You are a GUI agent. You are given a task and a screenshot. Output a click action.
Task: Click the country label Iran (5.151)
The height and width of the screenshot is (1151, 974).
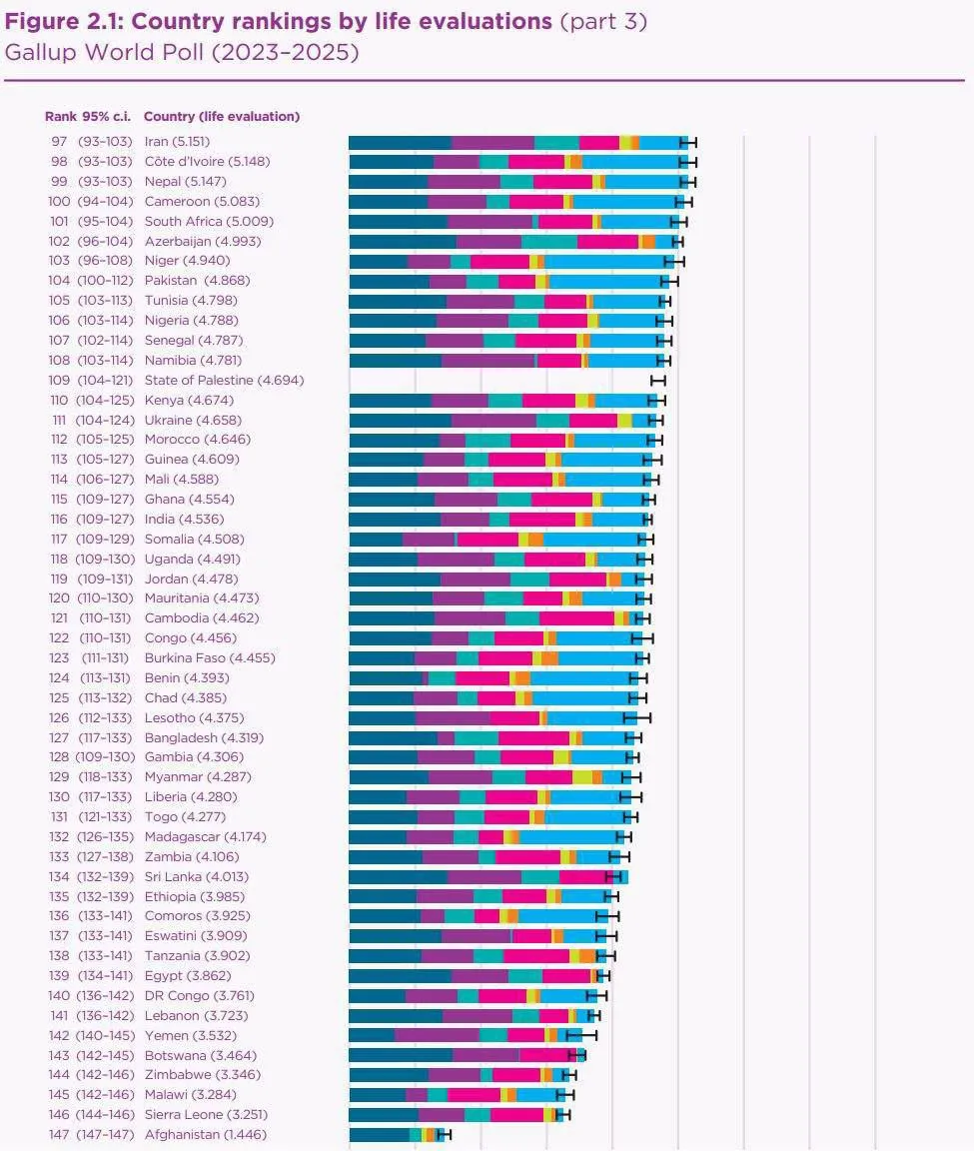[x=177, y=142]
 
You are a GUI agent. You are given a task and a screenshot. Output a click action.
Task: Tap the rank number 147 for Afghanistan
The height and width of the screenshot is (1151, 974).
[x=59, y=1134]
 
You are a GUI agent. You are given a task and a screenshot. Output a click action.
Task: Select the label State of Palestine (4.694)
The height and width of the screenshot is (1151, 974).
[x=224, y=381]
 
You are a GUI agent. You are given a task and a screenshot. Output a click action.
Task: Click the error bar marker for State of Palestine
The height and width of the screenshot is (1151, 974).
[x=657, y=381]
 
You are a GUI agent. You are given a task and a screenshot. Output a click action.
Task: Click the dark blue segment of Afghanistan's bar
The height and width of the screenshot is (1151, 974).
[x=379, y=1134]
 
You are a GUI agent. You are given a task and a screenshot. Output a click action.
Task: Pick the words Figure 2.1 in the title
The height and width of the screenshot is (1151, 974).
[x=64, y=21]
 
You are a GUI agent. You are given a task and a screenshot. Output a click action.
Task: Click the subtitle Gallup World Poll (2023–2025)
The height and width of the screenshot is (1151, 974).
[x=181, y=52]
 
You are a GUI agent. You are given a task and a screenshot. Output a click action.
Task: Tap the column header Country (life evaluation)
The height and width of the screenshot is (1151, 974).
[x=222, y=116]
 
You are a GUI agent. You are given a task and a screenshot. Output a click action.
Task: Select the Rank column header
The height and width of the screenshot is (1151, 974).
[x=60, y=116]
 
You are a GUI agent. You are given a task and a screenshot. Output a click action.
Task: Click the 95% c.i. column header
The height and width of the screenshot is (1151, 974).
[x=108, y=116]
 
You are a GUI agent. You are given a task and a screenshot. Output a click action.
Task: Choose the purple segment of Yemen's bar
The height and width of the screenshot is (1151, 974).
[x=437, y=1035]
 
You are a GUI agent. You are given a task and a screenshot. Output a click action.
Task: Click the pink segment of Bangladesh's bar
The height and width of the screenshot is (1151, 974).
[x=533, y=737]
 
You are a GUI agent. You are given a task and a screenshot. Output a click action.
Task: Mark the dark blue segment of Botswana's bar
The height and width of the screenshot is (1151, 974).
[x=400, y=1055]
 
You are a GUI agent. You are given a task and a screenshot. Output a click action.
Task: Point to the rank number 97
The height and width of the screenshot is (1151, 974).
[x=59, y=142]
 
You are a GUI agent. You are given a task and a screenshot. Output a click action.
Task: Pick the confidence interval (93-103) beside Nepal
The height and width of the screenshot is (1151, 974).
[x=104, y=182]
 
